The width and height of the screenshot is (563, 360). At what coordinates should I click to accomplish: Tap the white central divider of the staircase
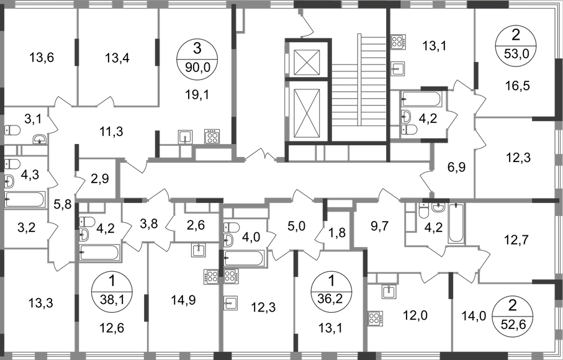pos(359,78)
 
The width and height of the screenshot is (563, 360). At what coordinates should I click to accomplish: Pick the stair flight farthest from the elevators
pos(374,87)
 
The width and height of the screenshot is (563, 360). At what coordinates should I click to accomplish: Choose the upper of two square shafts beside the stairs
pos(399,43)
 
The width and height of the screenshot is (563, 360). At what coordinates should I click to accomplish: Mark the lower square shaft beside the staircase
pos(399,66)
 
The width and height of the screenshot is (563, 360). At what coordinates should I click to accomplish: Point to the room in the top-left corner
pos(37,53)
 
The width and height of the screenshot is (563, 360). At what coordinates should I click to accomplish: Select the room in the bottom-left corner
pos(37,304)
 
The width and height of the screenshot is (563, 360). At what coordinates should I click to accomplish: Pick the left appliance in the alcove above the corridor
pos(184,135)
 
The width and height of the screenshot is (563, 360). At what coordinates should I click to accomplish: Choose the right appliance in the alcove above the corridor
pos(212,135)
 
